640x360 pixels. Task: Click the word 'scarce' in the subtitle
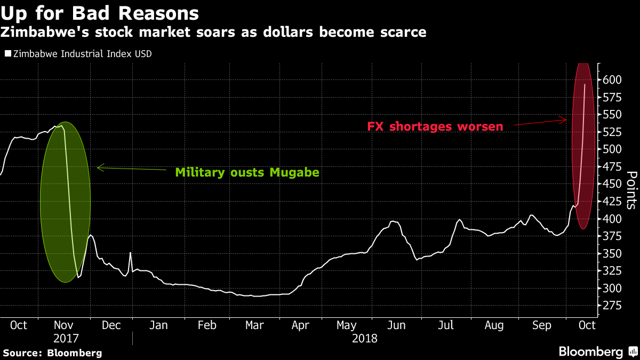tap(402, 32)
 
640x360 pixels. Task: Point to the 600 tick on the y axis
tap(612, 79)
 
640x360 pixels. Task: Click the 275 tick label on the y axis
tap(612, 306)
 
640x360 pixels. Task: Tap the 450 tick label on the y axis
tap(612, 184)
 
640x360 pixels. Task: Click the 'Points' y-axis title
tap(631, 189)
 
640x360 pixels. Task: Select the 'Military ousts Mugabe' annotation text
tap(247, 172)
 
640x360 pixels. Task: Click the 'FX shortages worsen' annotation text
tap(435, 127)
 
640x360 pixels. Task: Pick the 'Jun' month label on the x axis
tap(395, 325)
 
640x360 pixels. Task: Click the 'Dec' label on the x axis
tap(111, 325)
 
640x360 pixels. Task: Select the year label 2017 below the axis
tap(66, 338)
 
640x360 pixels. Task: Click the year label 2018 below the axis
tap(365, 338)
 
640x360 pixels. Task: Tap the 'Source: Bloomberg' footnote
tap(52, 353)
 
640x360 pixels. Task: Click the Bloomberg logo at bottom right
tap(597, 351)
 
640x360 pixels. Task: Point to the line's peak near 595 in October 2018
tap(585, 84)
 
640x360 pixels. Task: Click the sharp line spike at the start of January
tap(130, 253)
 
